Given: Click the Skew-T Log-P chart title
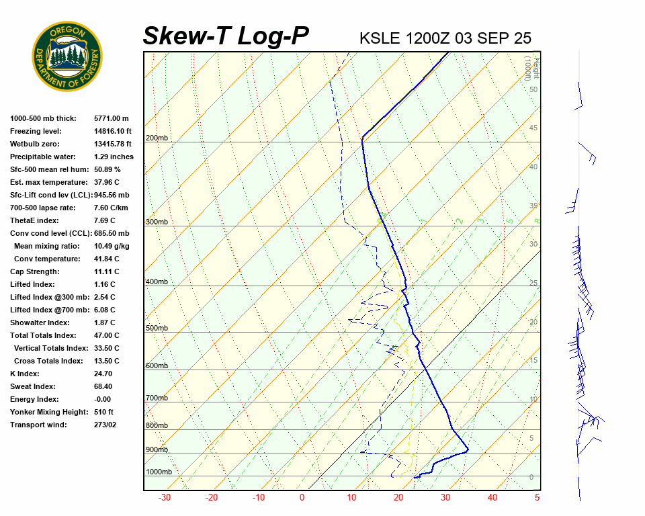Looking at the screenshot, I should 226,36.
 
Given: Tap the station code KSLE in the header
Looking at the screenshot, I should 380,38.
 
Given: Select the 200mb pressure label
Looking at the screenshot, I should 157,138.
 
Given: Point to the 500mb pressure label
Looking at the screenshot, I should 157,329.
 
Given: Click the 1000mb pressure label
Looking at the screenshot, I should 159,472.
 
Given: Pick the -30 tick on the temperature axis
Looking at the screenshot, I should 164,498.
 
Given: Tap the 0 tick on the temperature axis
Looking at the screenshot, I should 302,498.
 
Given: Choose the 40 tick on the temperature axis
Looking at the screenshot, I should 492,498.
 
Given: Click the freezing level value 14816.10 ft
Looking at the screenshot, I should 113,132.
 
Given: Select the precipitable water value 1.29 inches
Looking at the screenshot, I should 114,157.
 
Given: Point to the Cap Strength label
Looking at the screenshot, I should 34,272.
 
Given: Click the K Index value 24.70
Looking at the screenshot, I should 103,374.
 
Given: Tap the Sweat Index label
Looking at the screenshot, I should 32,387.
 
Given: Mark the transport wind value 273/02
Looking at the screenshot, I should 105,425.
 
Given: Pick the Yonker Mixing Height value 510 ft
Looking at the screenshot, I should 103,413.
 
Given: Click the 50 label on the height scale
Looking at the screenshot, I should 533,90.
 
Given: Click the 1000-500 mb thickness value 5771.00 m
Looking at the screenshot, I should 111,119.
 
